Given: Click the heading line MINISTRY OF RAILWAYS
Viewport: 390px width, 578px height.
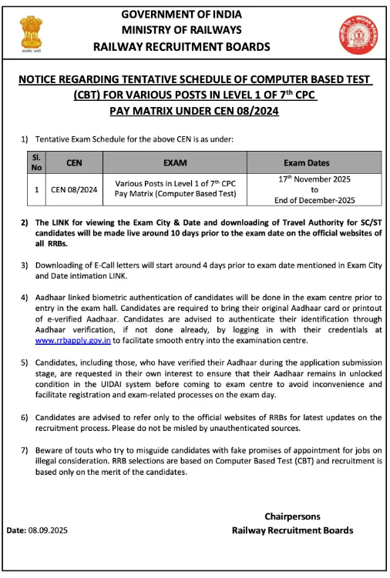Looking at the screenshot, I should point(181,30).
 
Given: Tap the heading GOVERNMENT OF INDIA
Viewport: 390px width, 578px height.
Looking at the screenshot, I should point(181,15).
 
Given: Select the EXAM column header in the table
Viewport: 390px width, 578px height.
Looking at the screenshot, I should point(175,163).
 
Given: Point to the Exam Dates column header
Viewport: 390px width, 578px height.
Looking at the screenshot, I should point(306,163).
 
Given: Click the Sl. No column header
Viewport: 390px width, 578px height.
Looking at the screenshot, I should point(35,162).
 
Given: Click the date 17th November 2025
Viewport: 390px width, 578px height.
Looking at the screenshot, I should point(314,179).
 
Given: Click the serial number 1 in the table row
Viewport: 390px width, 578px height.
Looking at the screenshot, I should point(35,189).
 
